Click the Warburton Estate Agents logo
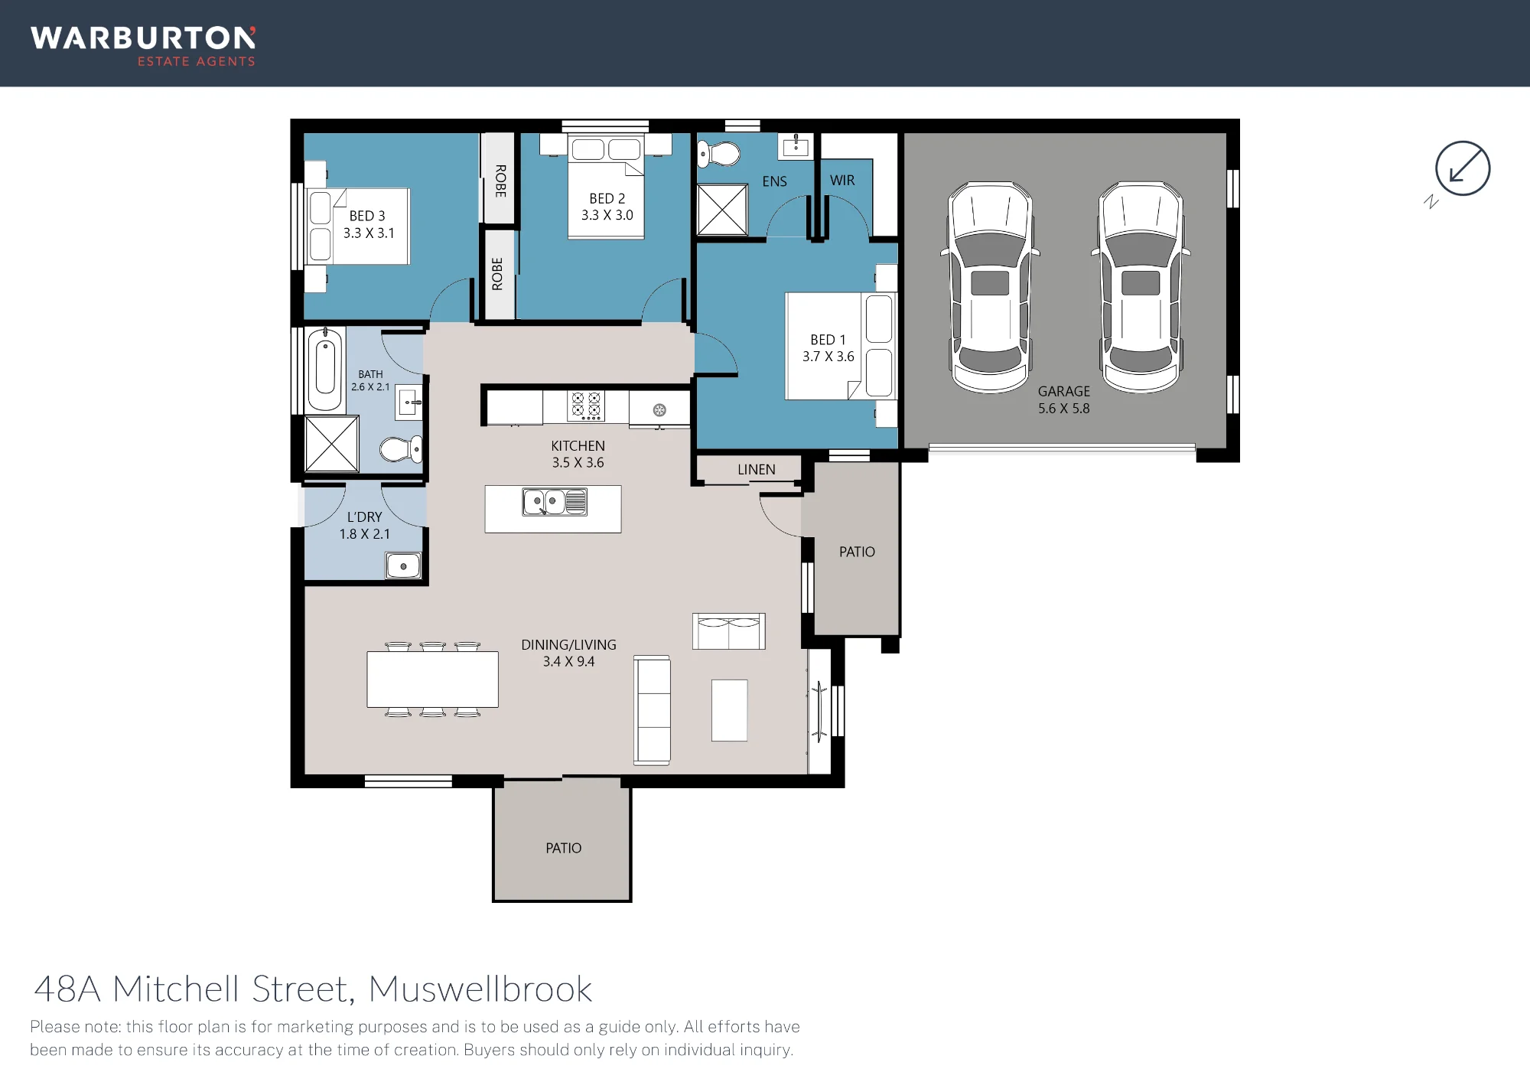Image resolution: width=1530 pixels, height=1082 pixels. [143, 47]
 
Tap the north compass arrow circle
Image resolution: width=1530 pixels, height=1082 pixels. [1462, 168]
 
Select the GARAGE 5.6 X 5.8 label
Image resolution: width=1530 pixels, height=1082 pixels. [1064, 399]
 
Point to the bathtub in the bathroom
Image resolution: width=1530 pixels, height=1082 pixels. [325, 370]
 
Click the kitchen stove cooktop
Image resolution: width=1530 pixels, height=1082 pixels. [586, 406]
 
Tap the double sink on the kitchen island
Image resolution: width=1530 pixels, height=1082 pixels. [555, 502]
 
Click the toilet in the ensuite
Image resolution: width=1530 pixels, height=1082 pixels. [719, 155]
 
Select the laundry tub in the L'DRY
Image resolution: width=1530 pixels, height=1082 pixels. [403, 565]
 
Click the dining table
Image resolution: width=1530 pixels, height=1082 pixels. [433, 679]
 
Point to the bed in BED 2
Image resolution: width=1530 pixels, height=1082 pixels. [607, 186]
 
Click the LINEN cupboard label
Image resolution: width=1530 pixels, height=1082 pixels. [757, 470]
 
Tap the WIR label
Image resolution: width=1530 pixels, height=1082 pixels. [842, 181]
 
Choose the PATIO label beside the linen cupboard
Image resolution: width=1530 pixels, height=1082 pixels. [857, 552]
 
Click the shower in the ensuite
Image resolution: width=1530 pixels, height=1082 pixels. [722, 209]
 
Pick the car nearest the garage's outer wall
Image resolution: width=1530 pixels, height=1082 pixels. [1141, 287]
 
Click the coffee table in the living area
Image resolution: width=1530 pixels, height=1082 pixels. [729, 710]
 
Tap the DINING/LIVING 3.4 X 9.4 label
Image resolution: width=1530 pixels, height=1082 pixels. [568, 653]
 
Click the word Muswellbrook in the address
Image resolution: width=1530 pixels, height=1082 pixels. [480, 989]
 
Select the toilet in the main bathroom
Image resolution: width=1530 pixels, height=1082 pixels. [401, 449]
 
